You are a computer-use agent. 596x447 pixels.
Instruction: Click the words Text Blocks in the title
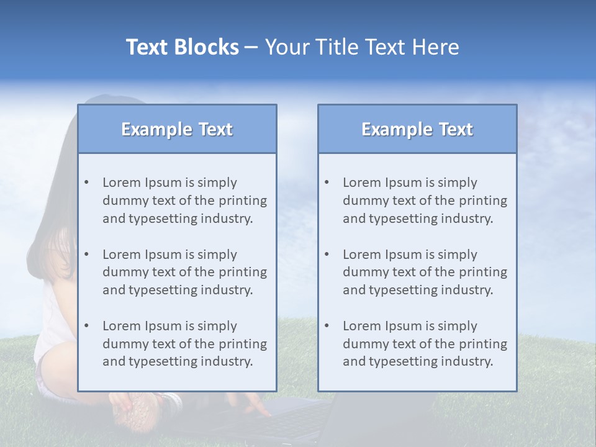tap(182, 47)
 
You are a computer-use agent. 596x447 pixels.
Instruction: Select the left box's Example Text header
tap(177, 129)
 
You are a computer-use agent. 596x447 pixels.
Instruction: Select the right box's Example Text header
tap(417, 129)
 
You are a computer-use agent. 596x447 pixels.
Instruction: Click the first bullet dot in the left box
tap(86, 183)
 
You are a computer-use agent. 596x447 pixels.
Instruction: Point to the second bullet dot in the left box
tap(86, 255)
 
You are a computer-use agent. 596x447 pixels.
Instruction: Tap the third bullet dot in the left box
tap(86, 326)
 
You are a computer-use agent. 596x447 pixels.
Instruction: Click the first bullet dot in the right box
tap(327, 183)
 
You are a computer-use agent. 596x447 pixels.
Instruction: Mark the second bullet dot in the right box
tap(327, 255)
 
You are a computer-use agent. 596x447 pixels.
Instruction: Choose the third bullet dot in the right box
tap(327, 326)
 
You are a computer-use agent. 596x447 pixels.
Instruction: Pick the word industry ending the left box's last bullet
tap(227, 361)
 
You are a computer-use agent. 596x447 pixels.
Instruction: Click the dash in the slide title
tap(251, 47)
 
